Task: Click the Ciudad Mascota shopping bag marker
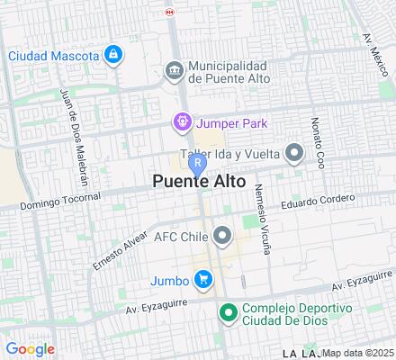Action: [x=112, y=55]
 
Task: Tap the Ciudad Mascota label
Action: [x=53, y=56]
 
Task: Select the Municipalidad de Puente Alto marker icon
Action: [x=174, y=69]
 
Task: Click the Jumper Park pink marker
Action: [x=183, y=121]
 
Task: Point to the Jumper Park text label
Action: [x=232, y=121]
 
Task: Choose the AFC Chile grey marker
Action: [x=223, y=237]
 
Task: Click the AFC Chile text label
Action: [x=182, y=238]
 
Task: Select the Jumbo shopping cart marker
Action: [x=204, y=279]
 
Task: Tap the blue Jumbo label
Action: [x=171, y=280]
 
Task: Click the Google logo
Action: [x=30, y=349]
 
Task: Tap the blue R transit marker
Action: [x=196, y=162]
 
